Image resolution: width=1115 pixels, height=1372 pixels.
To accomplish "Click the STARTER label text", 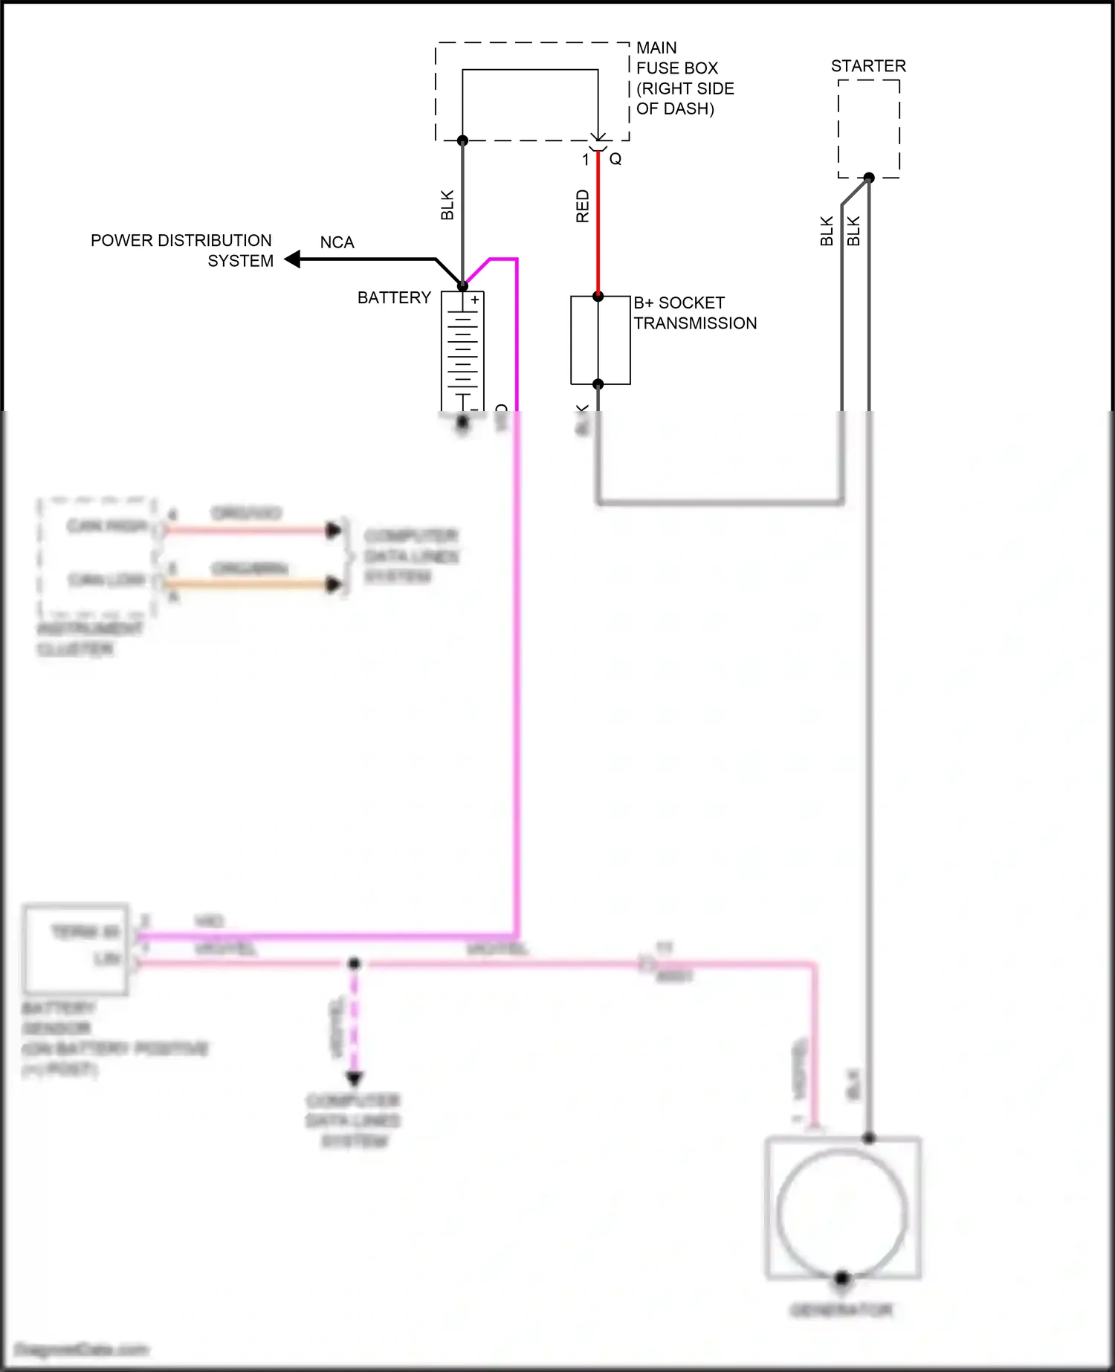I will coord(868,66).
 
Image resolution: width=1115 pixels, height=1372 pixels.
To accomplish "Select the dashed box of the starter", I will coord(869,129).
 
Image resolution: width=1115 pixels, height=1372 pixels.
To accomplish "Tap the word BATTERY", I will coord(394,298).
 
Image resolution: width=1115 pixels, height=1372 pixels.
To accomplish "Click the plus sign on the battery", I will coord(475,300).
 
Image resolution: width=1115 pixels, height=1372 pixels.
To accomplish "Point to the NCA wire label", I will coord(337,243).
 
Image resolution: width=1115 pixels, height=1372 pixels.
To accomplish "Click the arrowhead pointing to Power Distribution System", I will coord(293,259).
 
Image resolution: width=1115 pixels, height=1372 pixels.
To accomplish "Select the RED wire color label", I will coord(583,206).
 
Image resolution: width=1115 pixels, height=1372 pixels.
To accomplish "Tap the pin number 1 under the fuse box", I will coord(586,160).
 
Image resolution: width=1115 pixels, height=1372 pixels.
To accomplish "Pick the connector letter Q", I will coord(615,159).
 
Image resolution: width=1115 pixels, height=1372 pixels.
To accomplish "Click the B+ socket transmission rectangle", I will coord(600,340).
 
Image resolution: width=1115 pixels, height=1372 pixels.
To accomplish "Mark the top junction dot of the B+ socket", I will coord(598,297).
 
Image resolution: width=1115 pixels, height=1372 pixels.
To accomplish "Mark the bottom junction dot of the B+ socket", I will coord(598,384).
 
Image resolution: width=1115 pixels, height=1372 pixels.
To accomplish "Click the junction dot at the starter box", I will coord(869,178).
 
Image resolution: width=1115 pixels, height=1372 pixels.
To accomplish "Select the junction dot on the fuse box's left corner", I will coord(462,140).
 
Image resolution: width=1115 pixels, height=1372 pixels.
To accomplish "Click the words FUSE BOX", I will coord(677,68).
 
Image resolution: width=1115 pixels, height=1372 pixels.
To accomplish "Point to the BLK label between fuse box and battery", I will coord(447,205).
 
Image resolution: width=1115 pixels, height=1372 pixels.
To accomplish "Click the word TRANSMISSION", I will coord(695,323).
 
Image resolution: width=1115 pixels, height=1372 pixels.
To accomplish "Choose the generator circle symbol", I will coord(842,1212).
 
